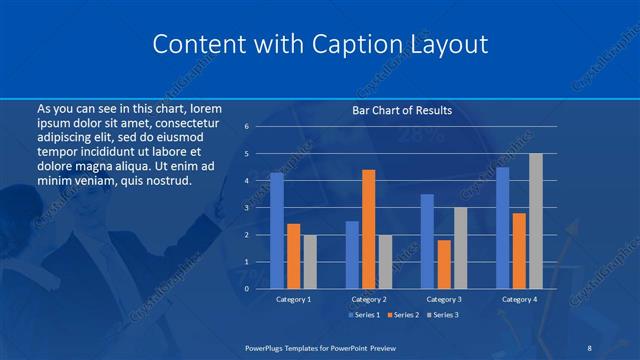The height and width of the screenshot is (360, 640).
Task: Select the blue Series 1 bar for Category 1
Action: [x=277, y=230]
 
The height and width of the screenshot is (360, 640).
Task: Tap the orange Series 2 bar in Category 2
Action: [x=368, y=229]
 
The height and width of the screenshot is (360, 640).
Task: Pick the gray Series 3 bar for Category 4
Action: [x=535, y=221]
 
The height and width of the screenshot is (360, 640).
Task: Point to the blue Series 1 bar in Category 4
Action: [x=502, y=227]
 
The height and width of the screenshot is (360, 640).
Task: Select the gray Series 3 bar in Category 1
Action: [x=309, y=261]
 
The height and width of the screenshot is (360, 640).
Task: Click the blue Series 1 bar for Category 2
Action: [x=352, y=254]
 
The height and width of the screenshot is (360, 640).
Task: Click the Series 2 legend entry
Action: [x=403, y=315]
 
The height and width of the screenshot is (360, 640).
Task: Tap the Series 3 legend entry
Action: [x=443, y=315]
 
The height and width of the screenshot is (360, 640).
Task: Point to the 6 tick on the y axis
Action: [x=246, y=127]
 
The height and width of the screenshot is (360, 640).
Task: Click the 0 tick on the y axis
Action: [x=246, y=288]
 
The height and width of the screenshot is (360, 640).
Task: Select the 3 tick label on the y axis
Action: [x=246, y=208]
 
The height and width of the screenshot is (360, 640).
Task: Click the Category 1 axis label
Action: [x=293, y=299]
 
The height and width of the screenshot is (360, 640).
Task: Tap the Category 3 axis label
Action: [x=443, y=299]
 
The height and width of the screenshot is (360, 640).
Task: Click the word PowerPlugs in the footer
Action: [x=267, y=346]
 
